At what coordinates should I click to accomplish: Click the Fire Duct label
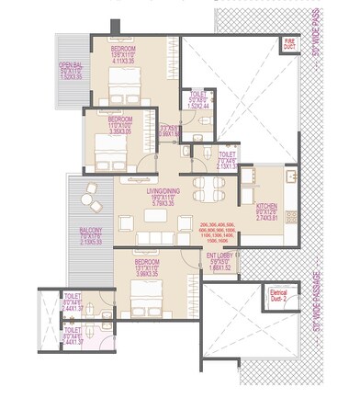288,43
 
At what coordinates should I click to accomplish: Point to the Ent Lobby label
219,261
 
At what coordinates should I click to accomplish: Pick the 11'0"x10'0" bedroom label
121,125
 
